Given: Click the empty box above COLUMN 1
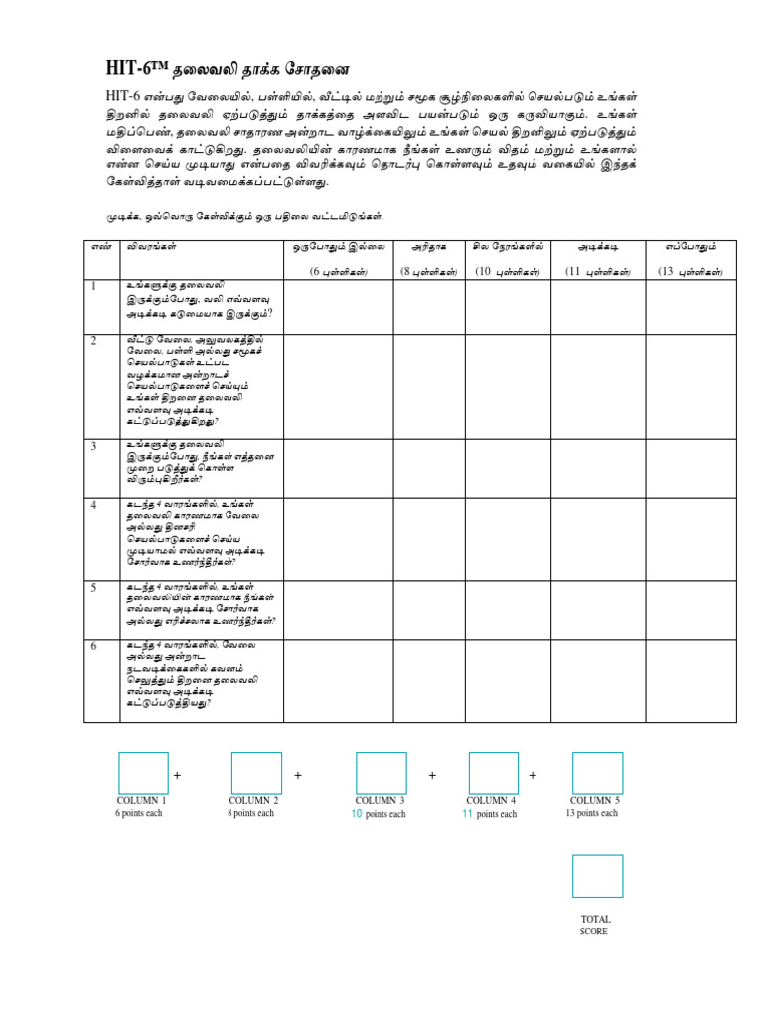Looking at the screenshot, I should coord(143,772).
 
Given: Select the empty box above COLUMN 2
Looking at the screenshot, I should coord(256,772).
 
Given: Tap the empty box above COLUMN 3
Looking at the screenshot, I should coord(381,772).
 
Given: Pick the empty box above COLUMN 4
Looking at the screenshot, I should coord(493,772).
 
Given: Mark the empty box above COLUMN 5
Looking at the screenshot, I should coord(597,772).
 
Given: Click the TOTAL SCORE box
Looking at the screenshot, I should coord(597,876).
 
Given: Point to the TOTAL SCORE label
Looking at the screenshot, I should coord(595,925).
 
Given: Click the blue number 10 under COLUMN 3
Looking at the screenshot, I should coord(357,813).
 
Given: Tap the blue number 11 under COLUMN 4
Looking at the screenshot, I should coord(467,813).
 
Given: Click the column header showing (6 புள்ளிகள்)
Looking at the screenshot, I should coord(338,271).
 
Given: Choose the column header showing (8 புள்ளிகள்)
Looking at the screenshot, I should coord(428,271).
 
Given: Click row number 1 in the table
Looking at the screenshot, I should coord(93,287).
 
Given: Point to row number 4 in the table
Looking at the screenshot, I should coord(93,505).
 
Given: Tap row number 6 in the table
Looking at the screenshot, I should coord(93,646).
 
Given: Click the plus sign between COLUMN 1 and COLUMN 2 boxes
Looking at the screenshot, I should coord(177,775).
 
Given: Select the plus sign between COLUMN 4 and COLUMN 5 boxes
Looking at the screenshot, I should coord(533,775).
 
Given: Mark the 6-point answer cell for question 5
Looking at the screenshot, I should coord(338,609).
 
